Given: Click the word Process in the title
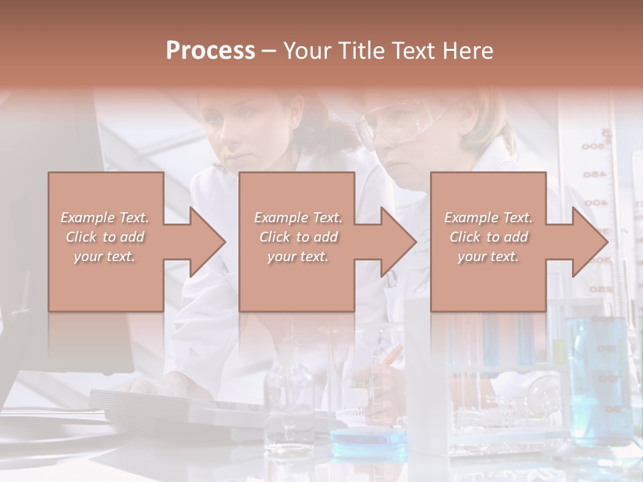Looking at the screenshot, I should coord(210,51).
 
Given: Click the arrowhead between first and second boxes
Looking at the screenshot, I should coord(208,242).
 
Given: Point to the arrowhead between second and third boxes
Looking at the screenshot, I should coord(399,242).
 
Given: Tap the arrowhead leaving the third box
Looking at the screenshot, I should coord(590,242).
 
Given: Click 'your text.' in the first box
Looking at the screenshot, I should coord(104,256).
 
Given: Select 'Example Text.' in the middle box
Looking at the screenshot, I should coord(297,218).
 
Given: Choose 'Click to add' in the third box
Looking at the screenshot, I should coord(488,237).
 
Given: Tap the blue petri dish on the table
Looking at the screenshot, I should coord(368,438).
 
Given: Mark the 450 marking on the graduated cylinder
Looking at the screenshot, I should coord(594,175).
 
